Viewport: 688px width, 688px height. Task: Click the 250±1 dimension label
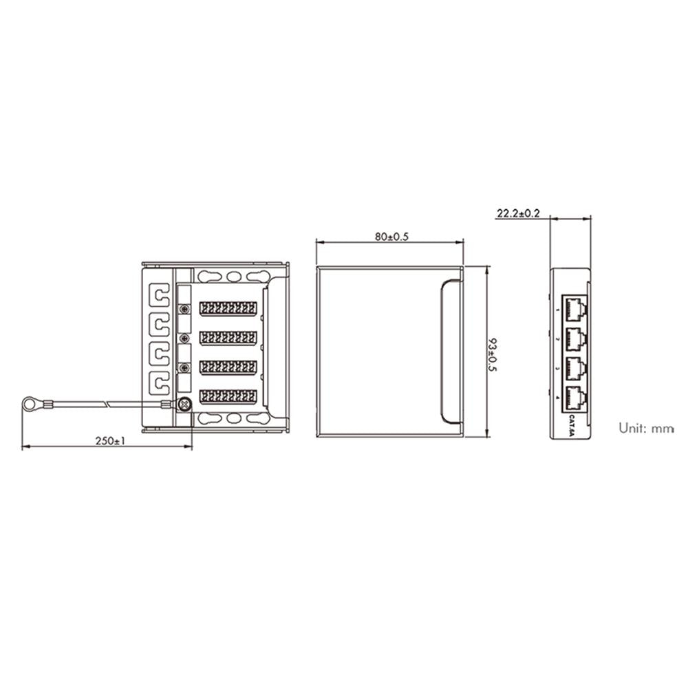[111, 441]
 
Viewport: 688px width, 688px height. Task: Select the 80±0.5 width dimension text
[392, 237]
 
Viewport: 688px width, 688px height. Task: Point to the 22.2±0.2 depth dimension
[518, 214]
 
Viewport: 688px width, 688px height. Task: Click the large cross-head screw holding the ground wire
[184, 405]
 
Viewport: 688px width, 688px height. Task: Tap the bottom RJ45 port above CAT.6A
[575, 398]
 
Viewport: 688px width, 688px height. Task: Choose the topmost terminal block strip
[228, 308]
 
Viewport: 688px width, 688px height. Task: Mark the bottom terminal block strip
[228, 396]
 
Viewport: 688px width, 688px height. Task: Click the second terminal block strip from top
[228, 338]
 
